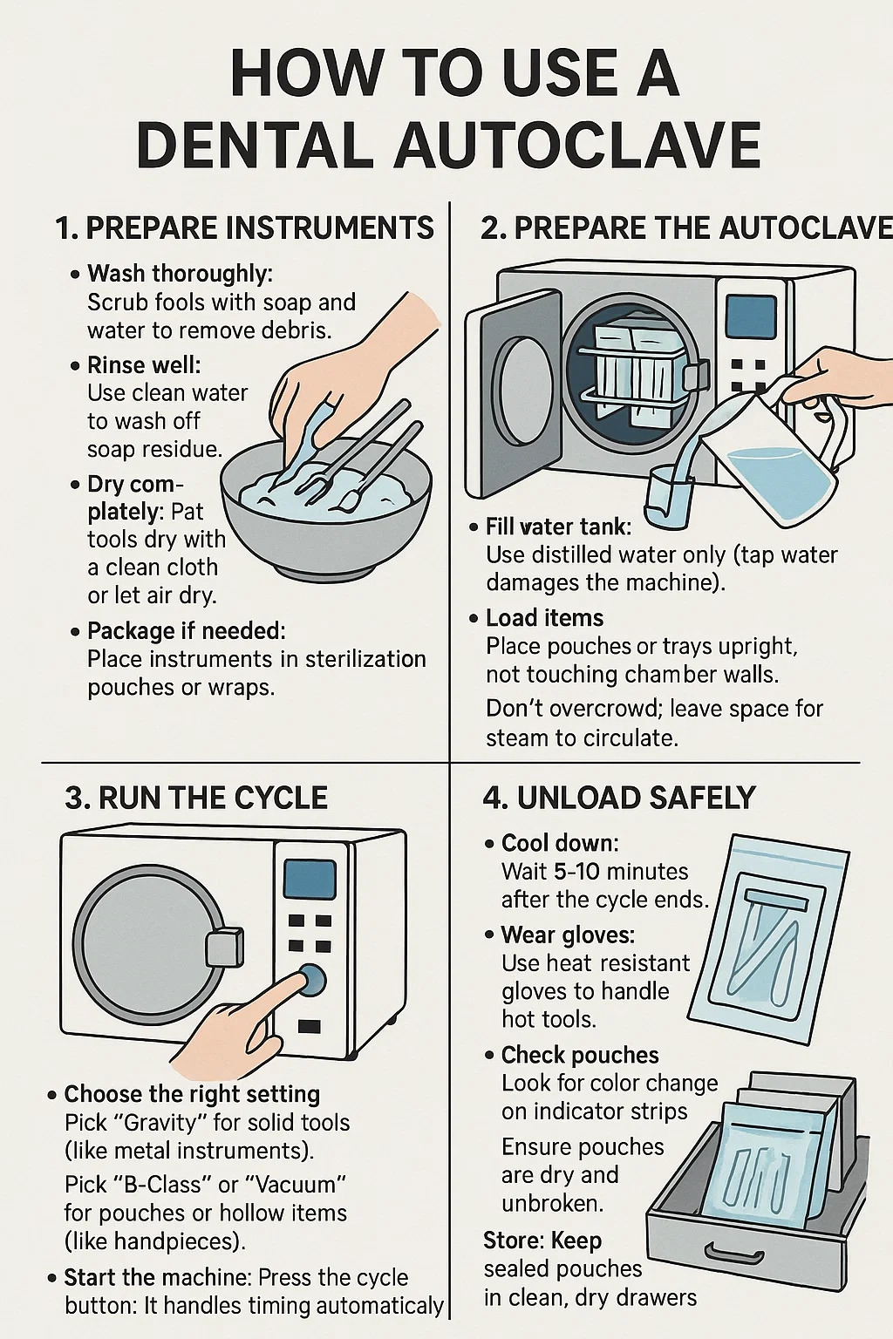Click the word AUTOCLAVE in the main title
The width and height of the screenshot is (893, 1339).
click(577, 146)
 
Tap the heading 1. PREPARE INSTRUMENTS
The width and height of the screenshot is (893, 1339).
click(244, 228)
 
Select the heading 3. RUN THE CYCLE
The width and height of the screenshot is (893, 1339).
click(196, 798)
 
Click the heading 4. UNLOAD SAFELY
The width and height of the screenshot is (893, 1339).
click(619, 798)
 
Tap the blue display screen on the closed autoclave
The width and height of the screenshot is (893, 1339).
click(309, 879)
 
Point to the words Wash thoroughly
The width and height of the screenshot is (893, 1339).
click(180, 274)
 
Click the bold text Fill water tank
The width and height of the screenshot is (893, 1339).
click(559, 527)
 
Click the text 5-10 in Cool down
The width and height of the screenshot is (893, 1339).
click(576, 872)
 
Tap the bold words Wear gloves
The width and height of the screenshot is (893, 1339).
click(569, 935)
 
